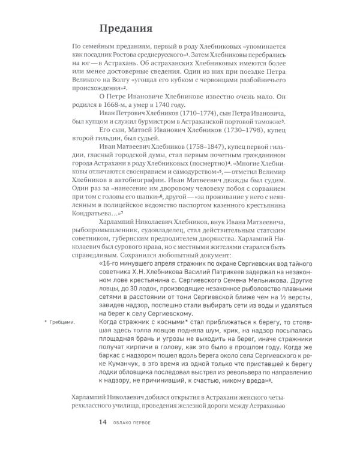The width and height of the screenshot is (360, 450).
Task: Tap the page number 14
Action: coord(103,422)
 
